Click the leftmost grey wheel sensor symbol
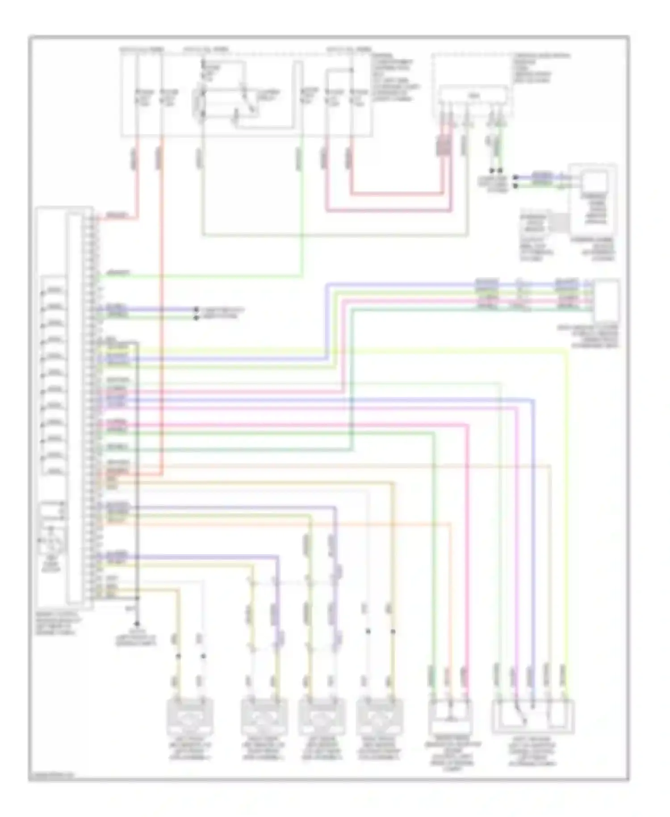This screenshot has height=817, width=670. click(190, 717)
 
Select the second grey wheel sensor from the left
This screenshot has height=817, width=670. click(264, 717)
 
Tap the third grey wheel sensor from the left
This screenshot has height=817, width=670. click(321, 717)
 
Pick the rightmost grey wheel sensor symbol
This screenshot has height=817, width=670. click(380, 717)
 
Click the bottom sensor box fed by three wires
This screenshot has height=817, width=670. click(450, 716)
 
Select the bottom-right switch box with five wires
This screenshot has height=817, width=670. click(533, 716)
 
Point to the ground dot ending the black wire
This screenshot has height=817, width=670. click(137, 623)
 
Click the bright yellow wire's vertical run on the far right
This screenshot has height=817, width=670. click(567, 514)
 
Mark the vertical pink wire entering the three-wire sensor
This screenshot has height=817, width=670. click(468, 559)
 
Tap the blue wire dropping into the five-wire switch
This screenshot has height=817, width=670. click(533, 536)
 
